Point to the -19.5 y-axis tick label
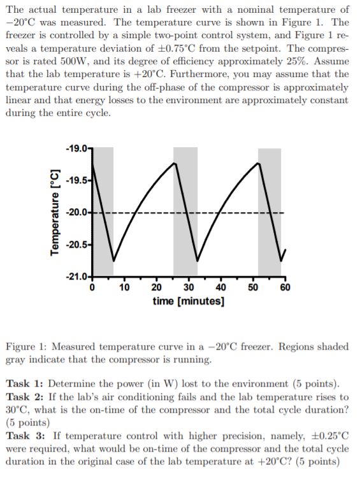78,180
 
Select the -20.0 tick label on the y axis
78,212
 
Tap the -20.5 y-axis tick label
78,245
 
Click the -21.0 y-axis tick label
78,276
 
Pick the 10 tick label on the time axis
125,287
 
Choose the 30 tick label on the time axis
189,287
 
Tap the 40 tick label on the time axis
221,287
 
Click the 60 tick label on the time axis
285,287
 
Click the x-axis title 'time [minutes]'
189,300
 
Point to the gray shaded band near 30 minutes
185,210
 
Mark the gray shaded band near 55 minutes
270,210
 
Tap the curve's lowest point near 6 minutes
113,260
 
